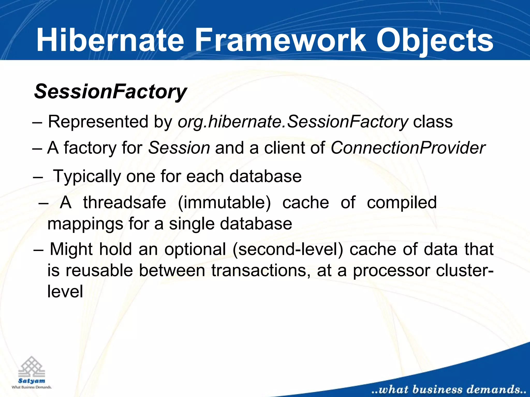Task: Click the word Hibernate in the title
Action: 110,40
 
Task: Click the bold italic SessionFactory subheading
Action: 110,92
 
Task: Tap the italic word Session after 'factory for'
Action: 179,148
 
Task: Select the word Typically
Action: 87,177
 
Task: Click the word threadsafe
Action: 124,202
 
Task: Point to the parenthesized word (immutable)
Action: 224,203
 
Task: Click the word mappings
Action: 85,224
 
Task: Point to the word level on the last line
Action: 65,291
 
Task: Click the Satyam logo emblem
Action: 32,367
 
